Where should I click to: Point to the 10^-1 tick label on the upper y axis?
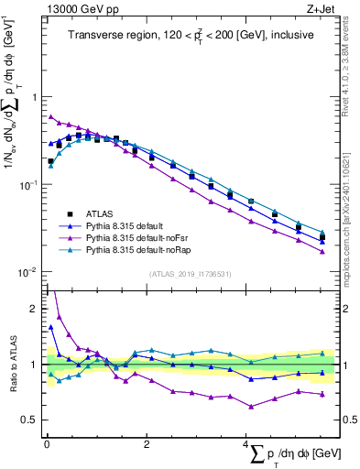28,185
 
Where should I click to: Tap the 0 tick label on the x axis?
46,444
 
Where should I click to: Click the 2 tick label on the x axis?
147,444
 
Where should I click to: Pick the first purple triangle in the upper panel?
50,116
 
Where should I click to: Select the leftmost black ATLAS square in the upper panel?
50,161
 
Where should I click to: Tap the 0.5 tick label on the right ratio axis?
346,420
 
